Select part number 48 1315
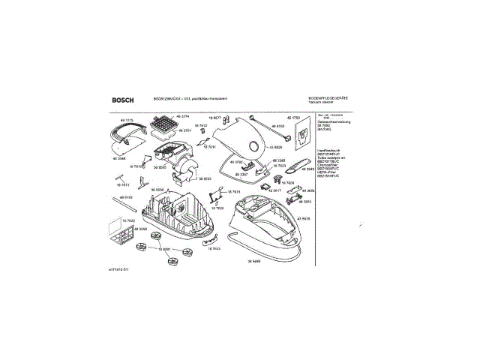click(x=127, y=120)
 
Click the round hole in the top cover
click(x=255, y=147)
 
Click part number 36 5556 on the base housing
click(x=159, y=189)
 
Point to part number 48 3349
click(x=308, y=170)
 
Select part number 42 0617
click(x=274, y=190)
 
